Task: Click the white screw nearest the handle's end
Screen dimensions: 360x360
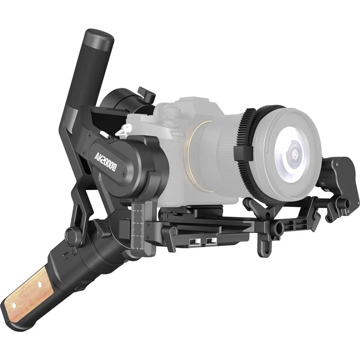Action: pos(14,306)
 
